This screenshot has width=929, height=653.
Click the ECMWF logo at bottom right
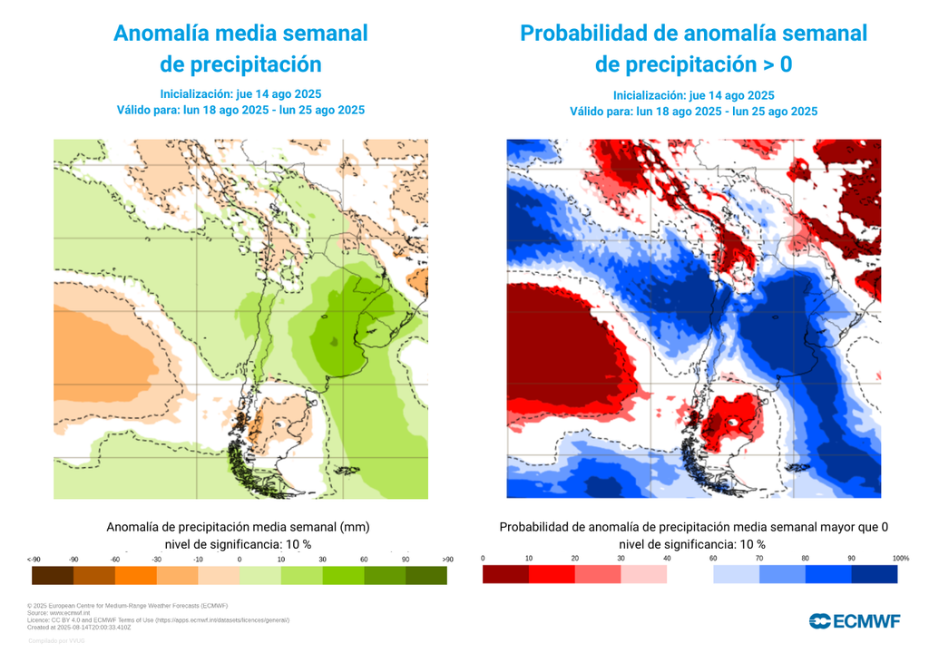click(x=855, y=621)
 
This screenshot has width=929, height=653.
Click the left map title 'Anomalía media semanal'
click(x=240, y=34)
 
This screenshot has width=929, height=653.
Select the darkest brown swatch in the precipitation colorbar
click(x=52, y=574)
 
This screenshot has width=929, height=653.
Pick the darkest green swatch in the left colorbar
click(x=425, y=574)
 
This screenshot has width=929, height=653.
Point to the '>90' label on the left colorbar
click(x=446, y=559)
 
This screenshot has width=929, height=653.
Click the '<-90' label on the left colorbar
click(x=34, y=559)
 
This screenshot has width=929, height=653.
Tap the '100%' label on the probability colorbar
click(x=900, y=558)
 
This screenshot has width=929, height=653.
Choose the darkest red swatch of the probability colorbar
click(x=505, y=574)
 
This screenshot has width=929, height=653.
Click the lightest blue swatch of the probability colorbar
click(x=736, y=574)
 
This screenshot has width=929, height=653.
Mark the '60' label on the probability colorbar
click(x=714, y=558)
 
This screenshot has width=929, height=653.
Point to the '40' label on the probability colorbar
click(x=667, y=558)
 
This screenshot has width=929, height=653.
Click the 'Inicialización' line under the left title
click(x=240, y=94)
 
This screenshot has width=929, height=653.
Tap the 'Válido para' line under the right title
click(x=693, y=112)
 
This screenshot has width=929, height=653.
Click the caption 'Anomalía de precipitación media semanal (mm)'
click(x=238, y=527)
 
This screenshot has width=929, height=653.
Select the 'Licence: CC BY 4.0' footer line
click(x=159, y=619)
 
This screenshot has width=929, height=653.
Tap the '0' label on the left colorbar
click(x=240, y=559)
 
